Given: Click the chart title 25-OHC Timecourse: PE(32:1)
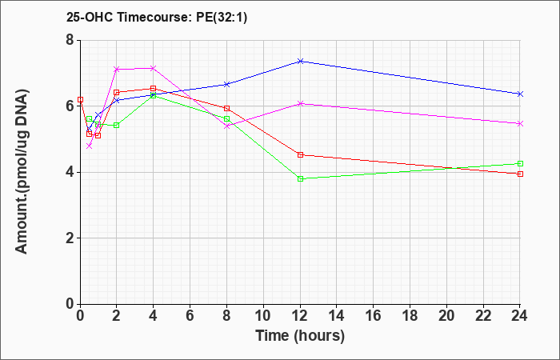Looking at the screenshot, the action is (157, 18).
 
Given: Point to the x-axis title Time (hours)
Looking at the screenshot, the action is (300, 336).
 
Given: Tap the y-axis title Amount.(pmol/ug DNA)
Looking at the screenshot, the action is (22, 171).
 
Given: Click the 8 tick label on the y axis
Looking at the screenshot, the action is (70, 40).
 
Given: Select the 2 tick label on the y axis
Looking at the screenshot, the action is (70, 238).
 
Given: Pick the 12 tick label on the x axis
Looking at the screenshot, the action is (300, 316).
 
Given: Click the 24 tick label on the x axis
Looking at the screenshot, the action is (519, 316).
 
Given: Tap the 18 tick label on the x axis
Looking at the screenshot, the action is (410, 316).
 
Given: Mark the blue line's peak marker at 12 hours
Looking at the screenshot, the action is (300, 61).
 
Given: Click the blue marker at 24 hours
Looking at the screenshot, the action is (520, 94).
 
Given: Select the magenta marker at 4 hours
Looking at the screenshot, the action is (154, 68).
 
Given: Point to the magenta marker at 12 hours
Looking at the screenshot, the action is (300, 103).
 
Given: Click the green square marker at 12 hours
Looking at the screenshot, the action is (300, 178).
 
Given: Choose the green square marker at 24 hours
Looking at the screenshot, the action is (520, 163).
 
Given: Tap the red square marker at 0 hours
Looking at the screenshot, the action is (80, 100).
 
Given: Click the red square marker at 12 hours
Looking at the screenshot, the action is (300, 154).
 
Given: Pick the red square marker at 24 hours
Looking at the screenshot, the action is (520, 174).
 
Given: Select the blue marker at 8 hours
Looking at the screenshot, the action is (226, 84).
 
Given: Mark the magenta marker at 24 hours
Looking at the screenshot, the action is (520, 123).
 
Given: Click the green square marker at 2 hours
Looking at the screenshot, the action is (117, 125).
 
